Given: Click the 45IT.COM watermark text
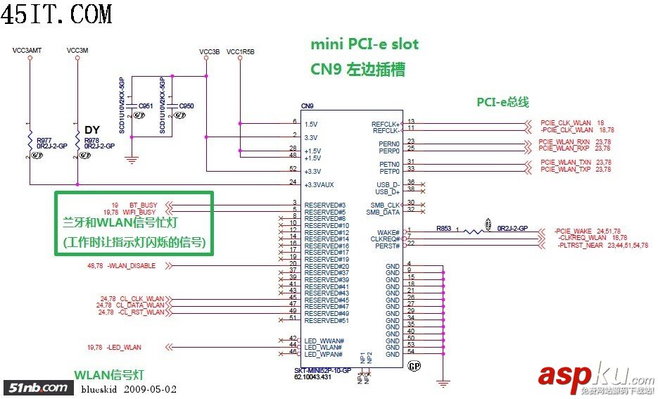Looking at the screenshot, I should [x=56, y=13].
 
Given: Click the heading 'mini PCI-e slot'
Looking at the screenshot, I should [x=365, y=44].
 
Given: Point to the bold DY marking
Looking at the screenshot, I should [x=92, y=130].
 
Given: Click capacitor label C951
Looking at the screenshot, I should [x=146, y=106].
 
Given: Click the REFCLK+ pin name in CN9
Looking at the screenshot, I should [x=386, y=124].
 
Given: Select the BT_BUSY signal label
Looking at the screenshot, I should [x=143, y=204].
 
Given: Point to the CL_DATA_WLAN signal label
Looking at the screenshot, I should [x=139, y=305].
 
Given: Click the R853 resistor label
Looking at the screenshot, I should [x=443, y=228].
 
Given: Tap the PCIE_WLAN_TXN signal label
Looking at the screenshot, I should [x=565, y=163].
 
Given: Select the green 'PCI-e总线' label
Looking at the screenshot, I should [x=502, y=103].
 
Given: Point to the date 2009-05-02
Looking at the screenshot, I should [x=151, y=388].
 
